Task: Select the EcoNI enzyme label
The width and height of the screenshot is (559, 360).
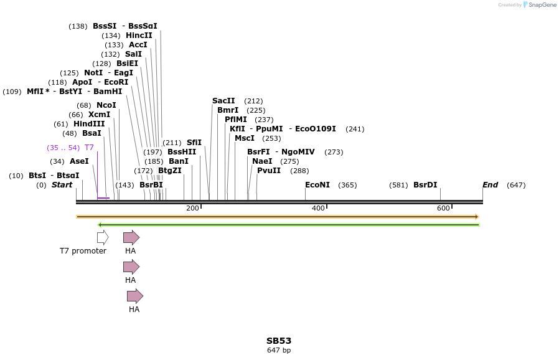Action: tap(317, 185)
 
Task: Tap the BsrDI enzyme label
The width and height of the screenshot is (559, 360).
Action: tap(425, 185)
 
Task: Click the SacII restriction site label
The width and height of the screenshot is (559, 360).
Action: tap(223, 101)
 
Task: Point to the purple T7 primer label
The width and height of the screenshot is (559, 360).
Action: tap(89, 148)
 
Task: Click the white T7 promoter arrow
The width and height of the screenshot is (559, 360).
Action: tap(103, 237)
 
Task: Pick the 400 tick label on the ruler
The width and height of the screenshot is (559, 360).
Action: tap(318, 208)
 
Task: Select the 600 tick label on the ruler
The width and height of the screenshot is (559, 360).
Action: tap(443, 208)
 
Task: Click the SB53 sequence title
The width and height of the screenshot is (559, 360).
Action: tap(279, 341)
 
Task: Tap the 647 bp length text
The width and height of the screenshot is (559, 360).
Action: tap(279, 350)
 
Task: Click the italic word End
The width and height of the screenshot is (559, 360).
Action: tap(490, 185)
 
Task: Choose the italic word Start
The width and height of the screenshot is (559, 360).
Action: tap(62, 185)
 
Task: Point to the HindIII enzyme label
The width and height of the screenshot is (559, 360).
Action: tap(89, 124)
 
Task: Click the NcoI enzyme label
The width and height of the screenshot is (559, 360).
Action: tap(106, 105)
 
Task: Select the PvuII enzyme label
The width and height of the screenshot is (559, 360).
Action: tap(269, 171)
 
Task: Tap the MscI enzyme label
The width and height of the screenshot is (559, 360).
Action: tap(245, 138)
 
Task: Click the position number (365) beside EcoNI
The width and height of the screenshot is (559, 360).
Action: tap(347, 185)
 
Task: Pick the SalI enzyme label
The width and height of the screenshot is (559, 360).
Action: tap(133, 54)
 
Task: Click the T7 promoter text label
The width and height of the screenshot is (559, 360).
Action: tap(83, 251)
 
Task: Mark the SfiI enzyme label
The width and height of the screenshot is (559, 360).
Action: tap(194, 143)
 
